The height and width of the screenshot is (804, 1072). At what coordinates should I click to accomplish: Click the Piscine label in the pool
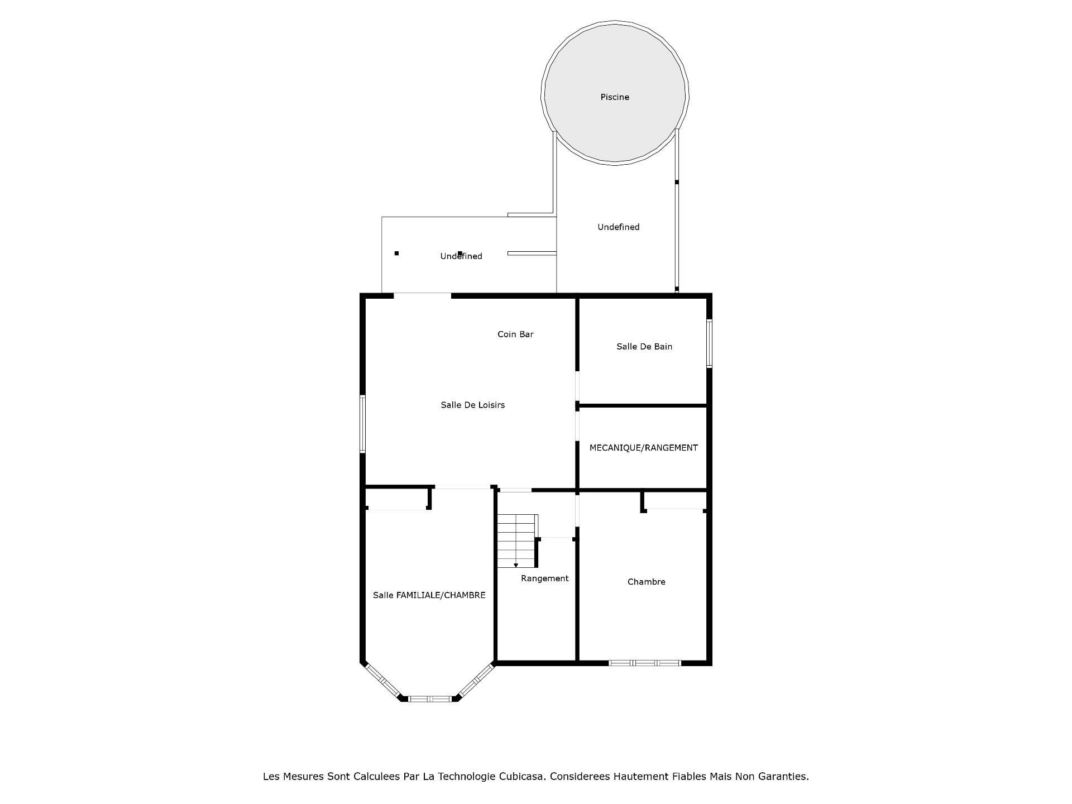pos(615,97)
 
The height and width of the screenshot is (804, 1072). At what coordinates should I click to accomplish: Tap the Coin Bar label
pos(515,334)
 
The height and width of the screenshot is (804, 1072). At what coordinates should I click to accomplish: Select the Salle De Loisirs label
pos(472,405)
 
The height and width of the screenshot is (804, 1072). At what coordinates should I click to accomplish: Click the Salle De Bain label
pos(644,347)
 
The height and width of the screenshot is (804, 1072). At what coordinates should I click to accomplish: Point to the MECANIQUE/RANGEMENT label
pos(644,448)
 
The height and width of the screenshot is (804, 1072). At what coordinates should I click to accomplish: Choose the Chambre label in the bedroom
pos(647,582)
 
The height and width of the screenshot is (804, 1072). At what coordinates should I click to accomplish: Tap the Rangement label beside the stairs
pos(545,578)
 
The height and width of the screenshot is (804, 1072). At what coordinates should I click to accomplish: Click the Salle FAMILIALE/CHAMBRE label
pos(429,595)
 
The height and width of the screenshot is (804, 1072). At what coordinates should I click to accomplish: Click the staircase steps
pos(517,541)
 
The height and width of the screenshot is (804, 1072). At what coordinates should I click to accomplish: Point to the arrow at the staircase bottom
pos(516,566)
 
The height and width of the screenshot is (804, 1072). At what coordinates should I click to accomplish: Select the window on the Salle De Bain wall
pos(710,343)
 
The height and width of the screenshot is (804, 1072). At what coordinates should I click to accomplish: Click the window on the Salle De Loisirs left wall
pos(362,424)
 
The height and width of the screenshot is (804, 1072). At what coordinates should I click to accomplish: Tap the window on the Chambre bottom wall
pos(645,663)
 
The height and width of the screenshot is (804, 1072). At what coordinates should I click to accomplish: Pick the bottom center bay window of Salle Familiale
pos(430,698)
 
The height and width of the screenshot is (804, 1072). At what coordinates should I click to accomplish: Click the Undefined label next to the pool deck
pos(619,227)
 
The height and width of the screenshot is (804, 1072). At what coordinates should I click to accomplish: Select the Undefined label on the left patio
pos(461,256)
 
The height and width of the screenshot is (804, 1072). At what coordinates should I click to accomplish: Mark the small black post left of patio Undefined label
pos(396,253)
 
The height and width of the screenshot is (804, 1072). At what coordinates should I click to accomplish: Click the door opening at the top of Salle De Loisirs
pos(423,295)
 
